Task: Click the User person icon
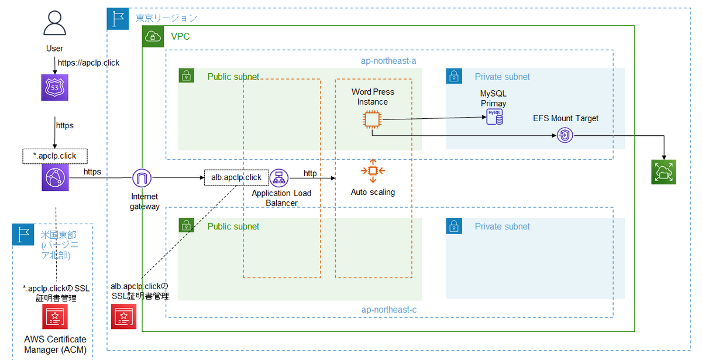[x=54, y=24]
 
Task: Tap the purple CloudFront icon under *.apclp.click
[x=54, y=177]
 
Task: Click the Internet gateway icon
[x=142, y=178]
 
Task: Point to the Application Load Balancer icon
[x=279, y=177]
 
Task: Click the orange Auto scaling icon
[x=372, y=170]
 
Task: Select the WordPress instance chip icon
[x=371, y=120]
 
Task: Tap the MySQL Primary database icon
[x=494, y=116]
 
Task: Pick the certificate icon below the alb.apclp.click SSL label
[x=124, y=317]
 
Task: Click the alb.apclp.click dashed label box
[x=236, y=177]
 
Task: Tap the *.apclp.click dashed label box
[x=54, y=156]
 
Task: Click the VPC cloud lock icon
[x=153, y=36]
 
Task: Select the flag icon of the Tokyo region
[x=118, y=19]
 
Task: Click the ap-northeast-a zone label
[x=388, y=60]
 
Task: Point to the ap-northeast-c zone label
[x=388, y=309]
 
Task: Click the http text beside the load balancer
[x=310, y=173]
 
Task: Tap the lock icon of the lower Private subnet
[x=455, y=226]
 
